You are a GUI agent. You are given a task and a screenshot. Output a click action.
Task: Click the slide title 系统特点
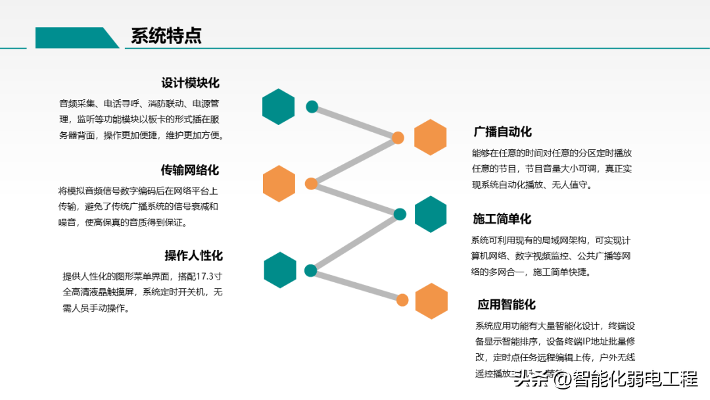(x=166, y=36)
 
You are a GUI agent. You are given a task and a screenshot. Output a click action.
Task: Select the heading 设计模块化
(x=191, y=83)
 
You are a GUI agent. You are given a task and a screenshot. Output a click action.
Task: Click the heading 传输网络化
(x=190, y=170)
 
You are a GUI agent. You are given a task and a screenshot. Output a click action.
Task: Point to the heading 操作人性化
(x=193, y=255)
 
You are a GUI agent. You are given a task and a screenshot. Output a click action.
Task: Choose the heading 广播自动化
(x=503, y=132)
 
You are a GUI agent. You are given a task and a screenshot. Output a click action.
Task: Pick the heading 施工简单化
(x=502, y=218)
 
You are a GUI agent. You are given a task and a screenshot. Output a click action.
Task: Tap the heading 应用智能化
(x=506, y=304)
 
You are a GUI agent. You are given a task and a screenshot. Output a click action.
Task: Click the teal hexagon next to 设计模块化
(x=279, y=107)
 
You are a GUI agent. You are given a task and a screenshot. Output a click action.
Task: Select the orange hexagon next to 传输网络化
(x=279, y=184)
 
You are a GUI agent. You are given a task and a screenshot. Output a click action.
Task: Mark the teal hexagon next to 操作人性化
(x=280, y=270)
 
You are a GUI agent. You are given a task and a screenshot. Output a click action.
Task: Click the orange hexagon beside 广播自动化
(x=431, y=137)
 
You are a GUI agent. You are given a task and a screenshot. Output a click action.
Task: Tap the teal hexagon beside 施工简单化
(x=431, y=214)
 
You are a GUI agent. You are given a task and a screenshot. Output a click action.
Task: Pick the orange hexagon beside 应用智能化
(x=432, y=301)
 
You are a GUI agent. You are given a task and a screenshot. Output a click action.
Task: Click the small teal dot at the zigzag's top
(x=312, y=107)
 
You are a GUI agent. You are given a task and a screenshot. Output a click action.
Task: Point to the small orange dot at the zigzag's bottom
(x=402, y=301)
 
